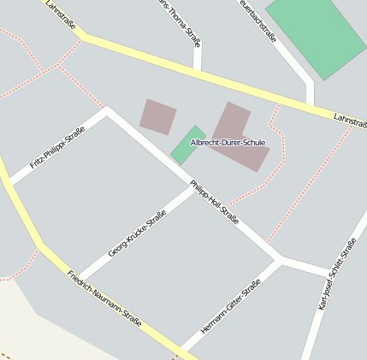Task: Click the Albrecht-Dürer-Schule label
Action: [228, 142]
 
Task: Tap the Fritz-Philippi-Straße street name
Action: [51, 148]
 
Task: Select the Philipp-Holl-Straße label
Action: [214, 203]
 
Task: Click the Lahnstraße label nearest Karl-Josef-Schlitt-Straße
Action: [350, 121]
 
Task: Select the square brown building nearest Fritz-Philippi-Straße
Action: [158, 116]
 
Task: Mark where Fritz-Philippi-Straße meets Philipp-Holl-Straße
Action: [107, 110]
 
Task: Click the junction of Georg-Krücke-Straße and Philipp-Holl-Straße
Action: [196, 188]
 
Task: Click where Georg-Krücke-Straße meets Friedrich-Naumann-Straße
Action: [80, 280]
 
